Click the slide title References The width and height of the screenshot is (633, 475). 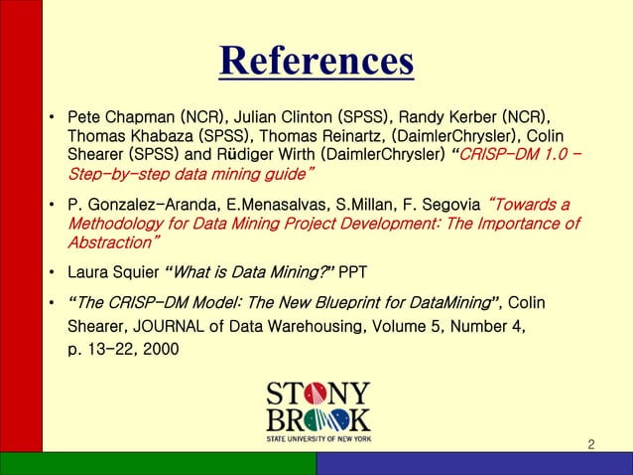coord(316,62)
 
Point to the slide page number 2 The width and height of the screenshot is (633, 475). coord(592,442)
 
